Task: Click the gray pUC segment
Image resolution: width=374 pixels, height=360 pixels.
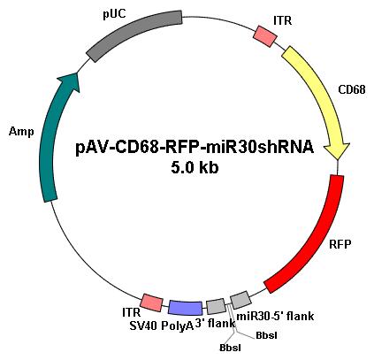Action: pos(134,34)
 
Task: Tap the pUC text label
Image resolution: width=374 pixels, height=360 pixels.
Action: pos(114,14)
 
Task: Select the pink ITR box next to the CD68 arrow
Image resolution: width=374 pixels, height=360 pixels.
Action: pos(265,36)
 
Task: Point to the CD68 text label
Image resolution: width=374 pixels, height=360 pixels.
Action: pos(352,89)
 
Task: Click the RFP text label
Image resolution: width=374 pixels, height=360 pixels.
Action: pos(340,244)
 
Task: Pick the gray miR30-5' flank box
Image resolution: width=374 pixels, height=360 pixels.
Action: pos(240,300)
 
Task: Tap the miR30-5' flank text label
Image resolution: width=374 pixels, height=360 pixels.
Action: pos(275,317)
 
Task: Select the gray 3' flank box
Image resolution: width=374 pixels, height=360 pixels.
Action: pos(216,307)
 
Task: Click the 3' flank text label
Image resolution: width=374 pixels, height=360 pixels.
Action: pos(215,324)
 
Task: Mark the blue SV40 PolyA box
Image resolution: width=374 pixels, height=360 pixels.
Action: pos(186,308)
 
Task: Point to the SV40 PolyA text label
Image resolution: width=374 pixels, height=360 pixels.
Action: pos(162,326)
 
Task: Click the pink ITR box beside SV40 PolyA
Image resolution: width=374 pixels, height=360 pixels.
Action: pos(152,303)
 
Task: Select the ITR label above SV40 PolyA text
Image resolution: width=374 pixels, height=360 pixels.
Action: pos(132,313)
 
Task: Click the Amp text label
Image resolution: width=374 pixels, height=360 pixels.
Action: pos(21,132)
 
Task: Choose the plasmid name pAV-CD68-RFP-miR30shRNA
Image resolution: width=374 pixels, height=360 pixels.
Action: pos(195,148)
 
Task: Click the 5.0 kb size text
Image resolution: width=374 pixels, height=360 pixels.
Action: pos(195,168)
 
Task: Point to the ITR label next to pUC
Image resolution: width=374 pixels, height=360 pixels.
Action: pos(282,20)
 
